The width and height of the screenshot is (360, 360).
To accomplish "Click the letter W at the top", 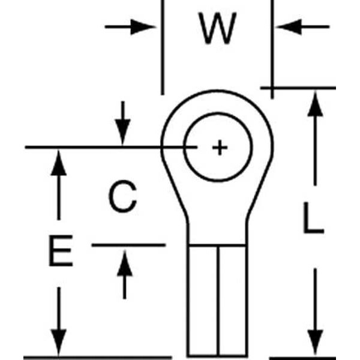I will (x=218, y=30).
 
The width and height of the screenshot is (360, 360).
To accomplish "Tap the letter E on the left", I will (x=60, y=251).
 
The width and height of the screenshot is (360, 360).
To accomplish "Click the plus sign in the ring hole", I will (x=220, y=147).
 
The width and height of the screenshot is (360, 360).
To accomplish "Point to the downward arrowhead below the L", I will (x=315, y=342).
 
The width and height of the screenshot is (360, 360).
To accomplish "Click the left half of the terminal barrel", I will (x=203, y=300).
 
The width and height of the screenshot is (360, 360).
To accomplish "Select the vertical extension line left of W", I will (x=162, y=48).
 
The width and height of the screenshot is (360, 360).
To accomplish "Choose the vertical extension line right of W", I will (x=272, y=48).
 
